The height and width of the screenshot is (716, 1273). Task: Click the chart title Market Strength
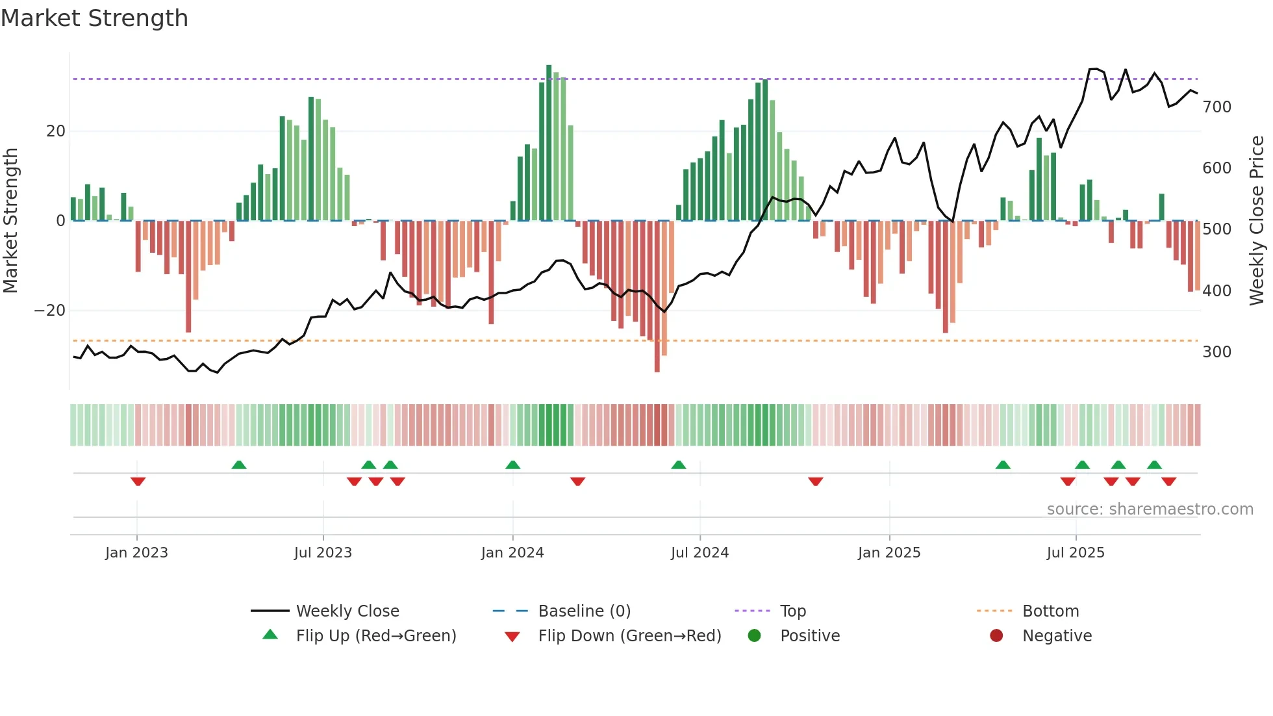[94, 18]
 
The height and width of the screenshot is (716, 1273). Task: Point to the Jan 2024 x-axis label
[512, 553]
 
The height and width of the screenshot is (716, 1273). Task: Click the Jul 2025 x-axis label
[1076, 553]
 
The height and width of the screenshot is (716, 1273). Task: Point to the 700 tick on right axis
[1216, 107]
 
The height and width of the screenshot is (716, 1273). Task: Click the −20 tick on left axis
[49, 311]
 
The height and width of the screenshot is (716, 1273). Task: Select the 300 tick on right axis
[1216, 352]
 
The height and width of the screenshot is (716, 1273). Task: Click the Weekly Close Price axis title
[1257, 221]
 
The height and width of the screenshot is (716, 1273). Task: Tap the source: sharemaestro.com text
[1150, 509]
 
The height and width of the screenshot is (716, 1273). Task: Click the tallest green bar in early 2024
[549, 143]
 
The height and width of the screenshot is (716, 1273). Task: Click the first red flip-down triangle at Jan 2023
[138, 481]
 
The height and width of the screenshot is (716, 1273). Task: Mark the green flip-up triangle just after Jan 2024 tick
[513, 465]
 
